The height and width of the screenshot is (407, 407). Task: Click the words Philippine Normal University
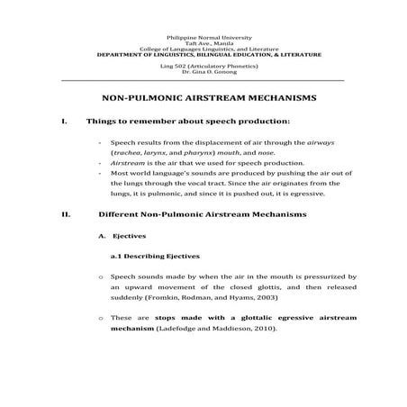coord(203,37)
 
